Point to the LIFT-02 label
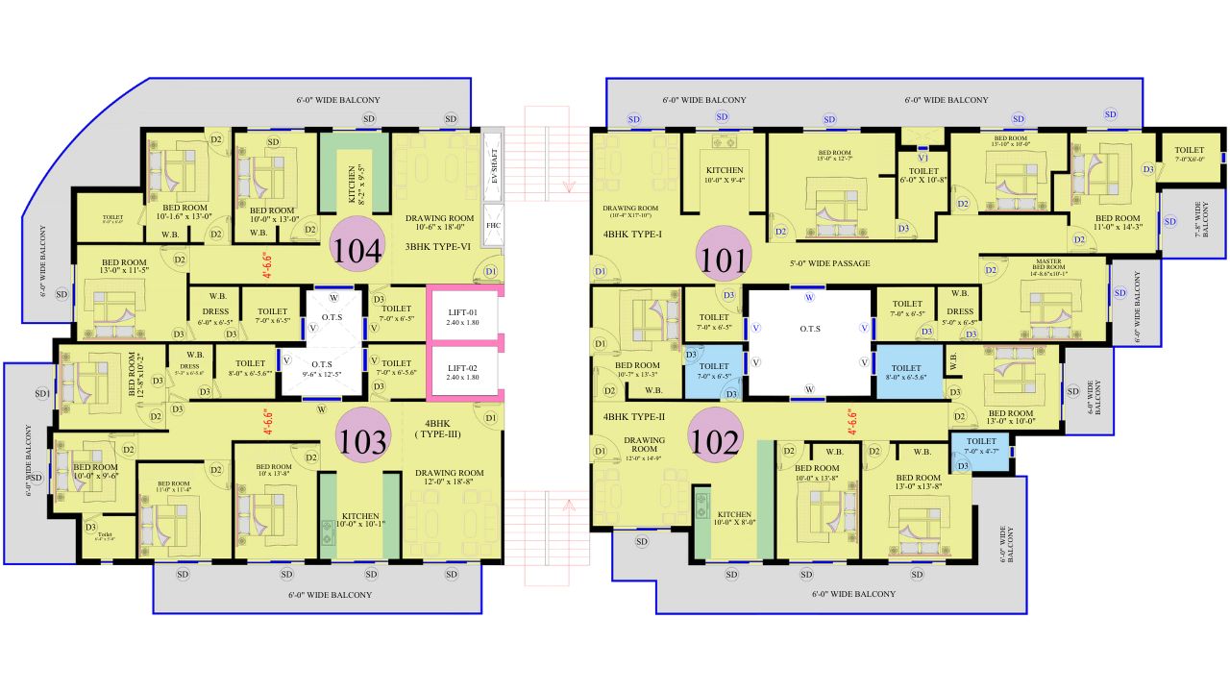pyautogui.click(x=463, y=371)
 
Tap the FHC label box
pyautogui.click(x=494, y=226)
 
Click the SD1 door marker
pyautogui.click(x=42, y=394)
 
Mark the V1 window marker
pyautogui.click(x=922, y=157)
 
